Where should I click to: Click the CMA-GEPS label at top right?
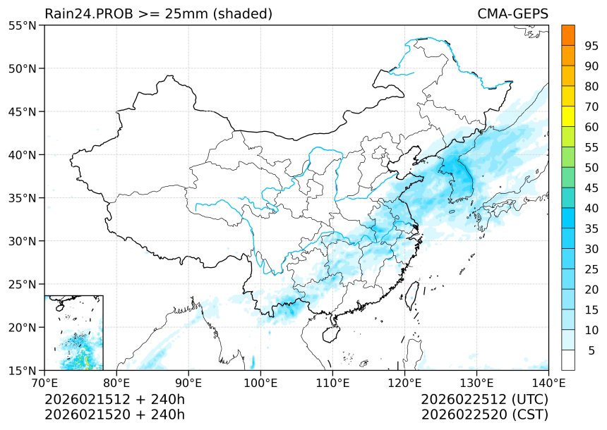pyautogui.click(x=512, y=14)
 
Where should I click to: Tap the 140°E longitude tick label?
pyautogui.click(x=548, y=383)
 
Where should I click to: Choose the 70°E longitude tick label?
pyautogui.click(x=44, y=383)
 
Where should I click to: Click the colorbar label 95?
pyautogui.click(x=591, y=46)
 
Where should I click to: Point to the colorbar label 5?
pyautogui.click(x=591, y=350)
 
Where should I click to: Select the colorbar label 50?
pyautogui.click(x=591, y=168)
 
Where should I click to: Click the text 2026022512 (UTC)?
pyautogui.click(x=484, y=400)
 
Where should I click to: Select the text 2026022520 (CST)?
pyautogui.click(x=484, y=414)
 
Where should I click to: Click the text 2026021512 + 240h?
pyautogui.click(x=114, y=400)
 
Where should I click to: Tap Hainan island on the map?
pyautogui.click(x=330, y=331)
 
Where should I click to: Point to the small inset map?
pyautogui.click(x=73, y=332)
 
